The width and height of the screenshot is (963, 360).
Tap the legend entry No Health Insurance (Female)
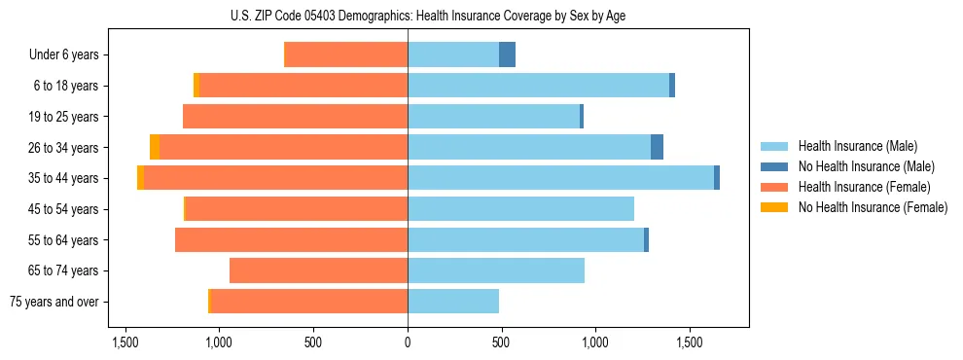point(873,207)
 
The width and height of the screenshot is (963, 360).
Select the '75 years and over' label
point(54,302)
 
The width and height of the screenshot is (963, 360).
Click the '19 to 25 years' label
point(63,117)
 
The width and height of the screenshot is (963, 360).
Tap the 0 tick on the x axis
point(407,343)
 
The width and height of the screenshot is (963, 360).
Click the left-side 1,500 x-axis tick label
point(125,343)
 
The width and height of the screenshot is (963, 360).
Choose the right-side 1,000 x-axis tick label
point(594,343)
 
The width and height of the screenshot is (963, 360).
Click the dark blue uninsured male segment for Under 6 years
point(507,55)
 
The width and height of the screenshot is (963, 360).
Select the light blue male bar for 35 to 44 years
point(560,178)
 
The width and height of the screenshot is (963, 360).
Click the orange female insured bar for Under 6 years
point(345,55)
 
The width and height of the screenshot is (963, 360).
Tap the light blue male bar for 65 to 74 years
point(496,270)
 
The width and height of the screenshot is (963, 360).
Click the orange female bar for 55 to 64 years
point(291,239)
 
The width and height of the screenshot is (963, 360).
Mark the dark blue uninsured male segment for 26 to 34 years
point(657,147)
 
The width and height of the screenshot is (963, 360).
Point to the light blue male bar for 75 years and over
point(453,302)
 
